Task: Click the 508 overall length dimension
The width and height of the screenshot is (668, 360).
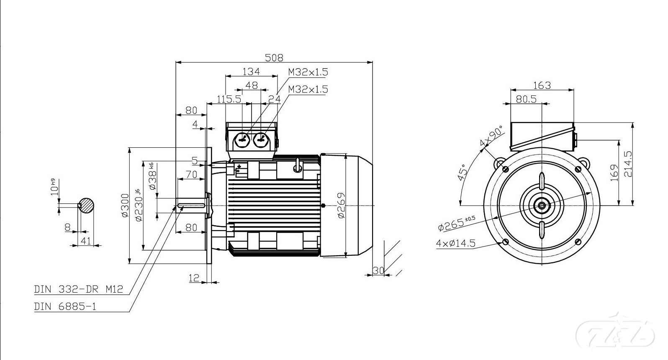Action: [x=274, y=58]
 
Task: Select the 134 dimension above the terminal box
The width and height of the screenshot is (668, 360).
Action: [x=251, y=72]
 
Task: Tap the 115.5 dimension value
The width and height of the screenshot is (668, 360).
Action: [x=229, y=99]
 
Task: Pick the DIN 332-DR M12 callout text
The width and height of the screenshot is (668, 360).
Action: [x=79, y=289]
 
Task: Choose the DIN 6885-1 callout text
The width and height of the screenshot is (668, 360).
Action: [x=65, y=306]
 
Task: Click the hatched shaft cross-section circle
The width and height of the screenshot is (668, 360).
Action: [x=86, y=205]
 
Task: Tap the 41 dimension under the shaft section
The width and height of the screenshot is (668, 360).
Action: [x=86, y=241]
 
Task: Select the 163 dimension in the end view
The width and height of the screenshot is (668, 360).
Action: [x=542, y=85]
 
